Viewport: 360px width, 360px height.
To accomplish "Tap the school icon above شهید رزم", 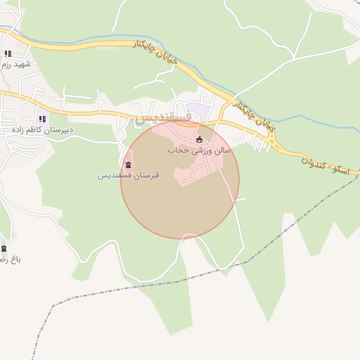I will click(8, 53).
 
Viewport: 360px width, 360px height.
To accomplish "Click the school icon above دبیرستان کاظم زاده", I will click(42, 120).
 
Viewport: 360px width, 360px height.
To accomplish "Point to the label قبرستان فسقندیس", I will click(128, 176).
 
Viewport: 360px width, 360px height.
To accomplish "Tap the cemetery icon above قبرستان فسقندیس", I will click(127, 165).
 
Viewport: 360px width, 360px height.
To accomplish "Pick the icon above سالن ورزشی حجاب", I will click(199, 139).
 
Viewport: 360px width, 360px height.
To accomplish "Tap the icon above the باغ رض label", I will click(4, 249).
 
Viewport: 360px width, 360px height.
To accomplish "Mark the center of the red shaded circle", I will click(180, 179).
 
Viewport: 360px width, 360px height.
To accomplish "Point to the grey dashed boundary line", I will click(211, 271).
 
